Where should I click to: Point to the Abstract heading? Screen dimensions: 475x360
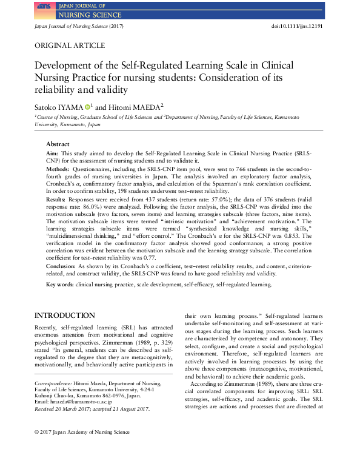59,144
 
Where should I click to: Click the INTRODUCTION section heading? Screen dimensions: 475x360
64,316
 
